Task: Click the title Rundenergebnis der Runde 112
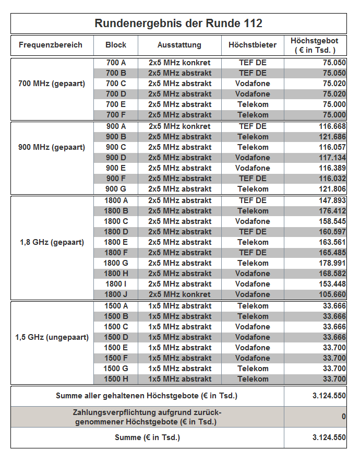click(x=178, y=23)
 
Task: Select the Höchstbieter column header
click(x=253, y=45)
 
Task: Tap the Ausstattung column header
click(x=179, y=45)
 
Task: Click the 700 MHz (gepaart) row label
click(x=52, y=84)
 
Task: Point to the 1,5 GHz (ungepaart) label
click(x=52, y=337)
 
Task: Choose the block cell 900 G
click(x=116, y=189)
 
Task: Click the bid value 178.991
click(x=332, y=263)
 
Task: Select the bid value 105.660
click(x=332, y=294)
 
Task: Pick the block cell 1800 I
click(x=116, y=284)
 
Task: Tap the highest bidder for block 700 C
click(x=253, y=84)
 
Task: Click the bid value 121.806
click(x=332, y=189)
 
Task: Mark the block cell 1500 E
click(x=116, y=348)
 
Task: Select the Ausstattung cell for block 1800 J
click(x=179, y=294)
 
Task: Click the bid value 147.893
click(x=332, y=200)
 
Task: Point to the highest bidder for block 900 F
click(x=253, y=179)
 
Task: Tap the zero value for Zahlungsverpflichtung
click(x=343, y=417)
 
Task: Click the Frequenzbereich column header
click(x=51, y=45)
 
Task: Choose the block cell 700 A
click(x=116, y=63)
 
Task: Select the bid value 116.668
click(x=332, y=126)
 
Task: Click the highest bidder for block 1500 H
click(x=253, y=379)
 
